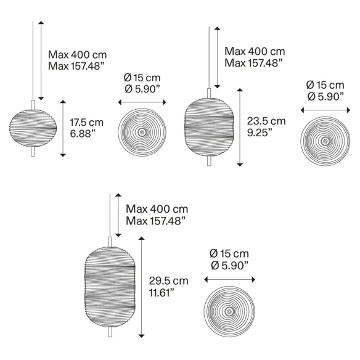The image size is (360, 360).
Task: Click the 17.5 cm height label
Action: pyautogui.click(x=86, y=123)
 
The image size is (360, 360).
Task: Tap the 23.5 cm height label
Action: pyautogui.click(x=266, y=121)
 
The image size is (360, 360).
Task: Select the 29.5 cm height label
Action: pyautogui.click(x=169, y=281)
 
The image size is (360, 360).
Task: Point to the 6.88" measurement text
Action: pyautogui.click(x=83, y=133)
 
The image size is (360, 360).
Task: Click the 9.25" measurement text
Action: pyautogui.click(x=260, y=133)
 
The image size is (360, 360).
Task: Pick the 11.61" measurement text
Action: pyautogui.click(x=162, y=292)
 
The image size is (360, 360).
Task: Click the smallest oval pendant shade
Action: pyautogui.click(x=33, y=128)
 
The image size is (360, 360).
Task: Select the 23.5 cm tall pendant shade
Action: pyautogui.click(x=209, y=127)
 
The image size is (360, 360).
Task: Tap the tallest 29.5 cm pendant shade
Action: pyautogui.click(x=110, y=287)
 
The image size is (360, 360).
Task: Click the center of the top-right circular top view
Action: pyautogui.click(x=325, y=141)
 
